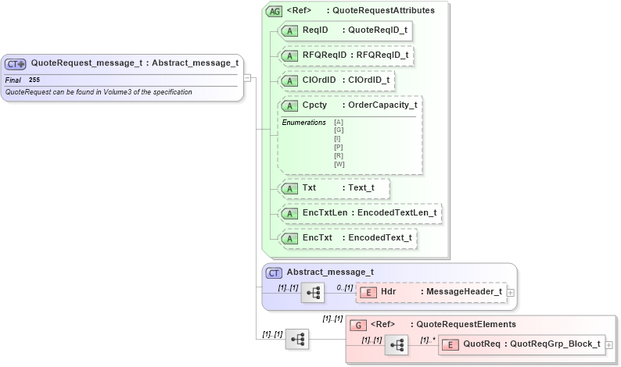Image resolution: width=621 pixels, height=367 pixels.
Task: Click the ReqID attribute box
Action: [x=344, y=30]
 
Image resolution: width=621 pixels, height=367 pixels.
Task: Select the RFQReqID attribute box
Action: [x=344, y=55]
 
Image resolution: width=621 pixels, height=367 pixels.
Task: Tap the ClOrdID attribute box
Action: [x=336, y=80]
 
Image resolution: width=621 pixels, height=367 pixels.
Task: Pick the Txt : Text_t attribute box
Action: [x=333, y=188]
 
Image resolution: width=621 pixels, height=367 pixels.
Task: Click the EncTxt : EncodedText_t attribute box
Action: [x=346, y=237]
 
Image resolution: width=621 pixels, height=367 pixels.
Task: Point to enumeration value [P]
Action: [x=339, y=147]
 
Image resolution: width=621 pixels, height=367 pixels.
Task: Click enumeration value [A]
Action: [x=339, y=122]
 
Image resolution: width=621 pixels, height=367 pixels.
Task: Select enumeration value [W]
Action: [x=339, y=164]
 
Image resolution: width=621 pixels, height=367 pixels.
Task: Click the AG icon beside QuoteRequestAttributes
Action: [x=274, y=11]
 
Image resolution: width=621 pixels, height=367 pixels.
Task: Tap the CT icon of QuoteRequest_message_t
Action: [x=16, y=64]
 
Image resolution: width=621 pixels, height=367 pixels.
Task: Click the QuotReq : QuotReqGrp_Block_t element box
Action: [x=521, y=344]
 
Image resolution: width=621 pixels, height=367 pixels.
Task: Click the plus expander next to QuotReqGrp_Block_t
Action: [x=609, y=344]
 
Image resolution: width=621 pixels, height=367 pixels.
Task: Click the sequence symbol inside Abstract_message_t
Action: [x=313, y=293]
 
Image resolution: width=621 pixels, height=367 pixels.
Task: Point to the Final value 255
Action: [x=34, y=80]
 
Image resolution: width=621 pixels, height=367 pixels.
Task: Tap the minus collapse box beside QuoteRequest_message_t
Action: [x=247, y=77]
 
